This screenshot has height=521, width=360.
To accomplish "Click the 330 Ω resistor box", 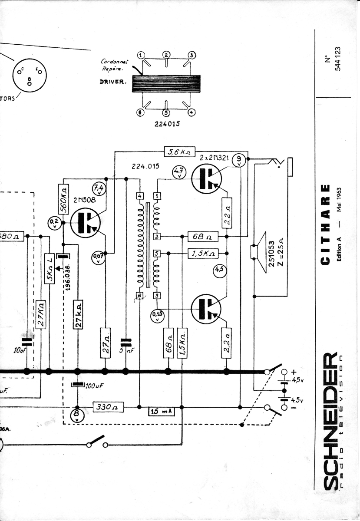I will (x=109, y=407).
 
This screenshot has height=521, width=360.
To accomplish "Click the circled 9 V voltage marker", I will (x=239, y=161).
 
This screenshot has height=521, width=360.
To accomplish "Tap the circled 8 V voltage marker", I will (x=77, y=415).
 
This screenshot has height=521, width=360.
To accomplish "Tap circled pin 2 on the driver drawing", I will (x=166, y=55).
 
